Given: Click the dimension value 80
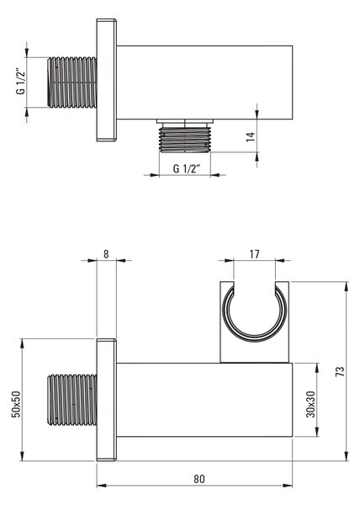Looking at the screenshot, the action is (199, 479).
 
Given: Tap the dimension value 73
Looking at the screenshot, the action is (340, 371).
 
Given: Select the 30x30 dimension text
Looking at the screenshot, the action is (310, 404).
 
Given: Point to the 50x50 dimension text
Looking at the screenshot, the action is (16, 404).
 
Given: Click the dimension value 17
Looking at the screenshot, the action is (254, 254).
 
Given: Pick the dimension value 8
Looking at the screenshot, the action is (106, 254).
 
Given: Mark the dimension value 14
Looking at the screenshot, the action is (251, 136).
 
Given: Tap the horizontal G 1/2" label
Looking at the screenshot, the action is (187, 168).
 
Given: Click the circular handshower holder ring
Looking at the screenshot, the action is (255, 340).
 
